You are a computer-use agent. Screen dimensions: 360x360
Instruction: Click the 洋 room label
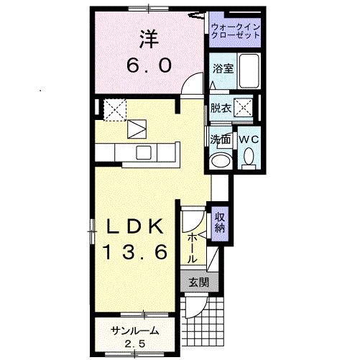[149, 39]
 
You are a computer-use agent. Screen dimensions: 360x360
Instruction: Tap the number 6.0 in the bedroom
[149, 65]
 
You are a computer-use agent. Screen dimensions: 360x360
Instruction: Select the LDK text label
[135, 226]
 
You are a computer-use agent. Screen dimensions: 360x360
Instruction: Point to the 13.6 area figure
[135, 252]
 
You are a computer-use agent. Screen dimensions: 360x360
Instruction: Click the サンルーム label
[135, 331]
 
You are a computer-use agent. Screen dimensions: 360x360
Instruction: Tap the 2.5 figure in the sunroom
[135, 344]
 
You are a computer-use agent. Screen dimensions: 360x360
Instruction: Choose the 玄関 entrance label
[199, 282]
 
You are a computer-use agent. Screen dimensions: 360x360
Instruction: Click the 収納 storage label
[220, 223]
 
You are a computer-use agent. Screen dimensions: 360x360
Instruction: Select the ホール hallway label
[192, 249]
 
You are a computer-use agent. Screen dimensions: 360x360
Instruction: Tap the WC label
[249, 139]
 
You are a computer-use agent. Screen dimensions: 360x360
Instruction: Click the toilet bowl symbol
[249, 158]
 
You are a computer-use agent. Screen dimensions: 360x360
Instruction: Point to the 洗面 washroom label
[221, 139]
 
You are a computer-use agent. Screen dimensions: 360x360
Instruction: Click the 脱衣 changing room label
[221, 109]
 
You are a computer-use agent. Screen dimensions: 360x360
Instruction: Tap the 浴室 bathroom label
[223, 69]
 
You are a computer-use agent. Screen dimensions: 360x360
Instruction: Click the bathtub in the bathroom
[249, 71]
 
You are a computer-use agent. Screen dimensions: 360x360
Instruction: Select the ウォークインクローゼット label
[236, 32]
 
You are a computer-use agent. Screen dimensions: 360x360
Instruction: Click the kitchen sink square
[144, 152]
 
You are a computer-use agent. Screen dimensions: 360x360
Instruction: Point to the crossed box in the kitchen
[115, 110]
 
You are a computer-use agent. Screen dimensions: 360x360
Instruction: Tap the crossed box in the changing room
[244, 108]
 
